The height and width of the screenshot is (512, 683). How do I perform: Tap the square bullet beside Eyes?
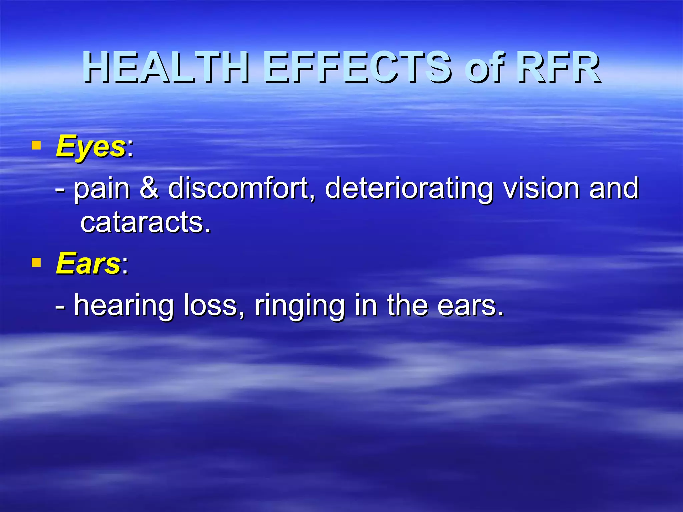pos(36,145)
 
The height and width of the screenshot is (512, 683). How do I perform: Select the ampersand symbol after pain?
pos(149,188)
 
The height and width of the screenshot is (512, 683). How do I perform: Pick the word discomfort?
pos(238,188)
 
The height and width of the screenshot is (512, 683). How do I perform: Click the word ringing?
pos(299,306)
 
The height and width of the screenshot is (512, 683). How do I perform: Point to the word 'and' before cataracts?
pos(614,188)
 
